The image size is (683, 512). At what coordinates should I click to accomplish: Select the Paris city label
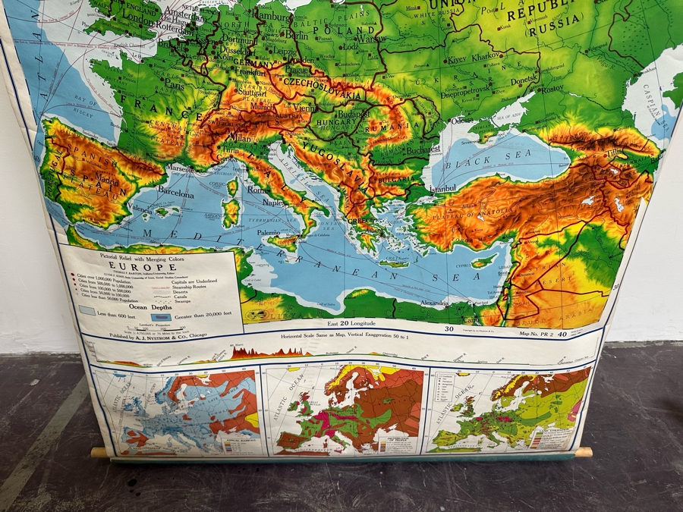click(x=173, y=86)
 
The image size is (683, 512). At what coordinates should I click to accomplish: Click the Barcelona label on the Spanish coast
click(x=175, y=193)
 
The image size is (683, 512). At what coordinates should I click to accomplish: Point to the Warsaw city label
click(x=371, y=37)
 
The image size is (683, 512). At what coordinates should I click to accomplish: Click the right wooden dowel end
click(x=583, y=452)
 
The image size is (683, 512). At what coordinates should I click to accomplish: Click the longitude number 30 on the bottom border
click(x=449, y=329)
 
